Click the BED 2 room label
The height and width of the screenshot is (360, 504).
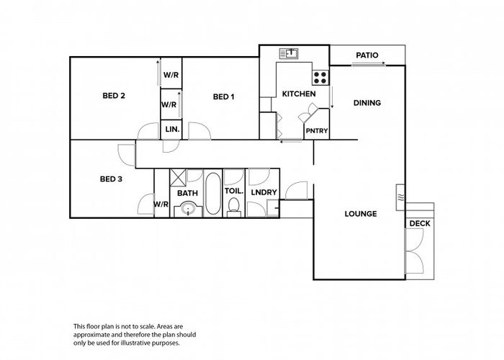click(x=114, y=96)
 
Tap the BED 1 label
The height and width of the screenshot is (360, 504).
click(x=223, y=96)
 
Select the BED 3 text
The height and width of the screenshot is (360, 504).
click(x=111, y=179)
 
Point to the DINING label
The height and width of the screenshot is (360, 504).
click(x=366, y=103)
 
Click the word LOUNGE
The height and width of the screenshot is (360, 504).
click(x=361, y=213)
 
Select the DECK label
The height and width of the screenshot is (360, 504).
click(x=419, y=224)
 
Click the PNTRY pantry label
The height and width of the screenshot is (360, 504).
click(x=317, y=130)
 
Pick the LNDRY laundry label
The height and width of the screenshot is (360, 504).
click(x=264, y=193)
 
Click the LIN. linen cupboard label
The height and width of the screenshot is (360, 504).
click(x=172, y=130)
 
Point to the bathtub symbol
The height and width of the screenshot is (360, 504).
click(x=212, y=192)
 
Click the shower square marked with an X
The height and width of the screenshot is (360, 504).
click(x=179, y=175)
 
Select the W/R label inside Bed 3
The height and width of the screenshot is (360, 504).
click(x=161, y=204)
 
